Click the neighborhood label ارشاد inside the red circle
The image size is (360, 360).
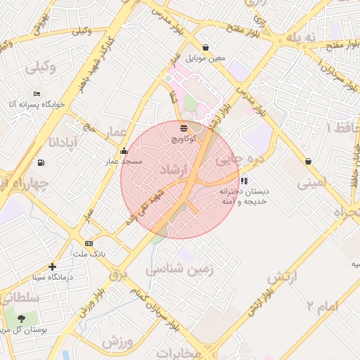(174, 171)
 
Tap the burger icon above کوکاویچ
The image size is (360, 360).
(184, 128)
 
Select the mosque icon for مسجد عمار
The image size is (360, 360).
(124, 150)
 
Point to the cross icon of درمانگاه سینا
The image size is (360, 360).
(53, 266)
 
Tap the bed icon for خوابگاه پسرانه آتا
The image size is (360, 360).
(37, 94)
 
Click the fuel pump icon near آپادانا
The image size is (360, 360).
(41, 163)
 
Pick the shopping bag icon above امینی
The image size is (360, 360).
(309, 161)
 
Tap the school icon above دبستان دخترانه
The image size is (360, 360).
(243, 181)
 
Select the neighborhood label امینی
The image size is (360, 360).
(312, 184)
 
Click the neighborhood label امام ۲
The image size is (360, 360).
(323, 306)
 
